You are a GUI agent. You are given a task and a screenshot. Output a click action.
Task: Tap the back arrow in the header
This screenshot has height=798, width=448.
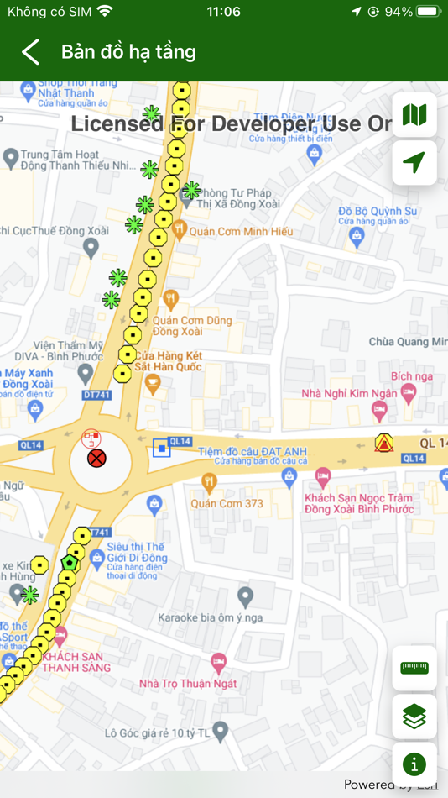[x=31, y=52]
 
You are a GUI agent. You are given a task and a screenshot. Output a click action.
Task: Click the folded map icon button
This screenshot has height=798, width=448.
[x=414, y=115]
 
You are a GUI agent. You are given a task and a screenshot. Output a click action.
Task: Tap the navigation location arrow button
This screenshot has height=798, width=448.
[x=414, y=163]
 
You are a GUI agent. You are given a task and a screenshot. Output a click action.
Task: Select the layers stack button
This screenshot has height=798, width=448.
[x=414, y=717]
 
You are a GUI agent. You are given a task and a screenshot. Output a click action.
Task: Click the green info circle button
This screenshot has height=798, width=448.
[x=414, y=764]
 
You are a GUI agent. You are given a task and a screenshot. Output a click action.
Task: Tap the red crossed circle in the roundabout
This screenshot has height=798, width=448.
[x=97, y=459]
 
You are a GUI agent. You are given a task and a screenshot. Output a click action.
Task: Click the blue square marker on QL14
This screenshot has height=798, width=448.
[x=161, y=449]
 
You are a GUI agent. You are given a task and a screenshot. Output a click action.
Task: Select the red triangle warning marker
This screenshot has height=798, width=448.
[x=384, y=444]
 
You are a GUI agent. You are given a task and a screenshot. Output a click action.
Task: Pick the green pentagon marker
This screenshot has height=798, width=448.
[x=70, y=562]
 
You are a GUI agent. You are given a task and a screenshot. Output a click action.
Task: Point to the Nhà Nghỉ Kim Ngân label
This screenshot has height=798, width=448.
[x=350, y=394]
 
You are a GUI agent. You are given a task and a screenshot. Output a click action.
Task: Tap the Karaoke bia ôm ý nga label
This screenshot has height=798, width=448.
[x=211, y=618]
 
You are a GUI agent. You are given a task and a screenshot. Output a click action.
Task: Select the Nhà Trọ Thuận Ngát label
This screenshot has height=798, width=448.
[x=188, y=684]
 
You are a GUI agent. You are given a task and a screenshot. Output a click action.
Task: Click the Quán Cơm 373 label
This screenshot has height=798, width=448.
[x=227, y=504]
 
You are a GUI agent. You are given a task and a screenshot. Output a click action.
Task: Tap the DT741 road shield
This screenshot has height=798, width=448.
[x=74, y=394]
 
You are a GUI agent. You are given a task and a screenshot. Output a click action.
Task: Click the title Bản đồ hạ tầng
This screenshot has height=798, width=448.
[x=128, y=52]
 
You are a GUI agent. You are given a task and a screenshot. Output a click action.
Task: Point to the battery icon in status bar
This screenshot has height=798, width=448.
[x=427, y=12]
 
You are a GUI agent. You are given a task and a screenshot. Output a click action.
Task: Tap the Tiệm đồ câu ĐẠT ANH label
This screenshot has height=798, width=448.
[x=253, y=452]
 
